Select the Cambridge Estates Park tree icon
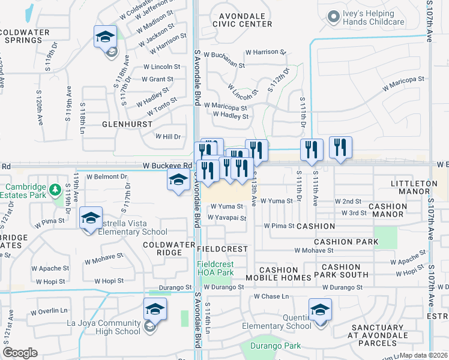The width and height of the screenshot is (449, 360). pyautogui.click(x=56, y=190)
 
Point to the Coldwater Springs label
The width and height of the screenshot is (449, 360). pyautogui.click(x=25, y=36)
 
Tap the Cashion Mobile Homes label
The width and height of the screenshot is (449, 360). pyautogui.click(x=278, y=274)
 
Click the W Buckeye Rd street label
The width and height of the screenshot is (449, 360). pyautogui.click(x=166, y=166)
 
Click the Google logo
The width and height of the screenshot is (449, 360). pyautogui.click(x=20, y=353)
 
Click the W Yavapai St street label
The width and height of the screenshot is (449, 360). pyautogui.click(x=226, y=218)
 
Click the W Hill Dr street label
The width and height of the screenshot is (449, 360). pyautogui.click(x=168, y=137)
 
